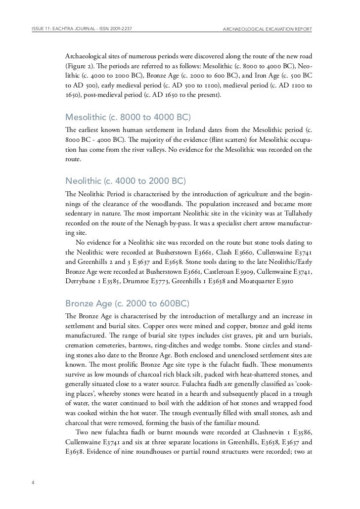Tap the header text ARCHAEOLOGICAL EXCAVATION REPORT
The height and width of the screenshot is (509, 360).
pyautogui.click(x=268, y=29)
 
